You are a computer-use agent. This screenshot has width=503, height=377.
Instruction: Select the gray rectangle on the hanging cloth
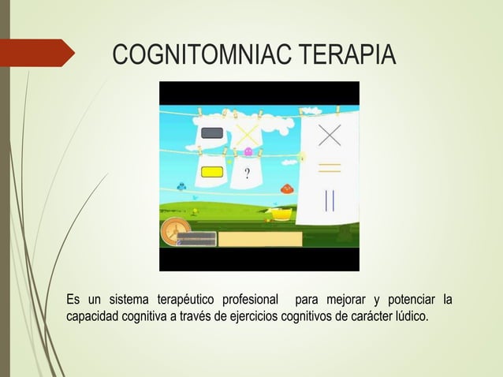213,133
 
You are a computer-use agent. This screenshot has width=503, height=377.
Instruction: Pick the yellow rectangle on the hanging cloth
212,172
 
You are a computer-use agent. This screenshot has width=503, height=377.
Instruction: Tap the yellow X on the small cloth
248,133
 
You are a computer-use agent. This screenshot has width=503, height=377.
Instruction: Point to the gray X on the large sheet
329,135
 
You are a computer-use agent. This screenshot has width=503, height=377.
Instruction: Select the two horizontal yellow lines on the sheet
329,167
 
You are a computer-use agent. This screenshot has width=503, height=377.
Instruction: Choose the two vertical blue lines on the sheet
329,200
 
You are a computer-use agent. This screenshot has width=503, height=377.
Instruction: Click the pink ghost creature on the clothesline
249,151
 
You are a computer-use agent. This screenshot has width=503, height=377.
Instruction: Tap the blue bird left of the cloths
181,187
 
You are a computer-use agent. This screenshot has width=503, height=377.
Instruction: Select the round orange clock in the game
174,233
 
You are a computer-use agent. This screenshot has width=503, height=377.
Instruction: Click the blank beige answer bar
259,239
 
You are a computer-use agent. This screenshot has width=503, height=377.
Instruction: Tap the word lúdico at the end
409,317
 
